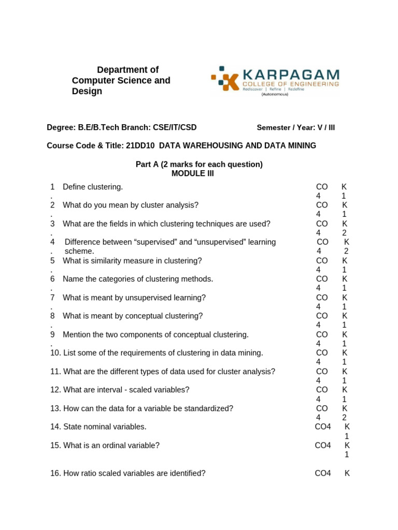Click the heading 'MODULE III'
192,174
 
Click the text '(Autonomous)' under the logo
275,94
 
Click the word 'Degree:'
61,127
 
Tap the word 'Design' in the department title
87,92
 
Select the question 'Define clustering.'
93,187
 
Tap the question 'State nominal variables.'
105,427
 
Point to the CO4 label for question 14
323,427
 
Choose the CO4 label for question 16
323,473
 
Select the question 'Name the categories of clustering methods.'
138,279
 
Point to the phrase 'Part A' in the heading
147,165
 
